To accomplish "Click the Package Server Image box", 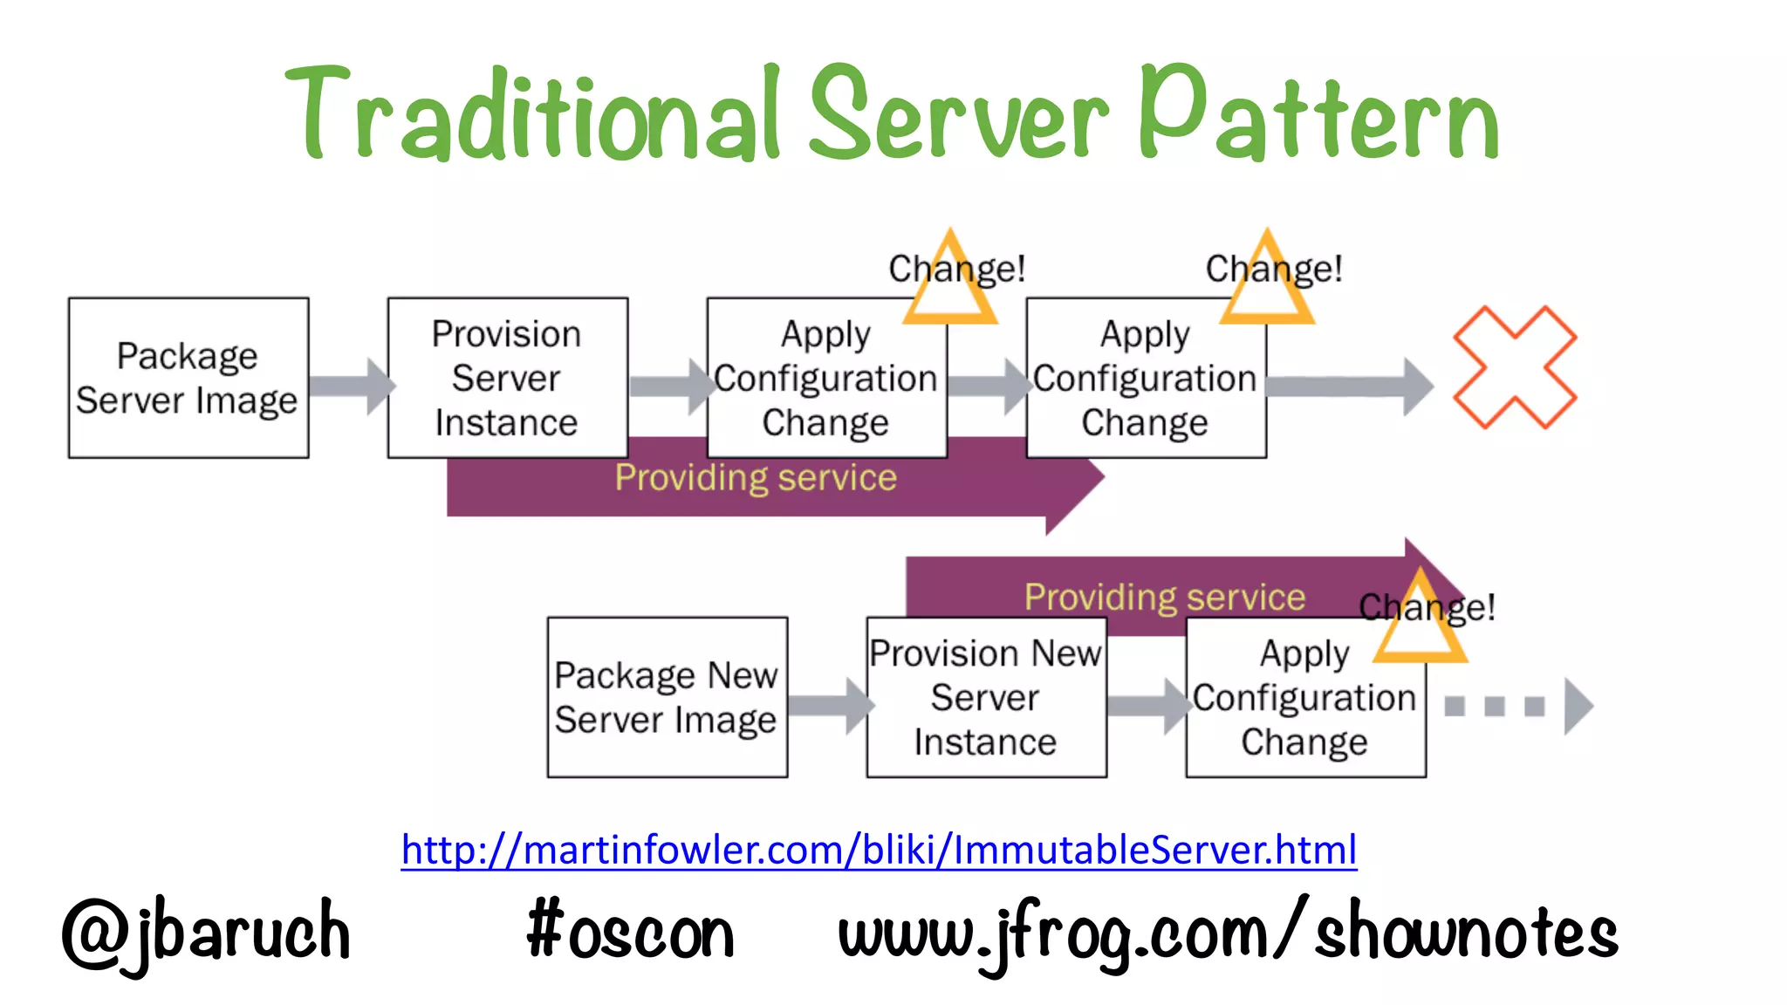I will [x=188, y=378].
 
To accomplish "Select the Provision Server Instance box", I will [x=507, y=378].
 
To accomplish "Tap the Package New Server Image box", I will [x=667, y=697].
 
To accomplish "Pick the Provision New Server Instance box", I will [x=986, y=697].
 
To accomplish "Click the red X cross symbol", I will [x=1514, y=367].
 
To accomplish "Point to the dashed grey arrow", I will [x=1518, y=706].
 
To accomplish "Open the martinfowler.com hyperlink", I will [x=879, y=849].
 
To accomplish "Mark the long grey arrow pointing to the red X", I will [x=1348, y=386].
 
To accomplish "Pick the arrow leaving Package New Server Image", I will [x=829, y=705].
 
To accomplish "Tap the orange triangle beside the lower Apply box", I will [x=1421, y=619].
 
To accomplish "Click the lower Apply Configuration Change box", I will [x=1305, y=697].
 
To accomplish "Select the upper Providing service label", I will [x=756, y=477].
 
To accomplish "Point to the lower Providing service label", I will [x=1165, y=597].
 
